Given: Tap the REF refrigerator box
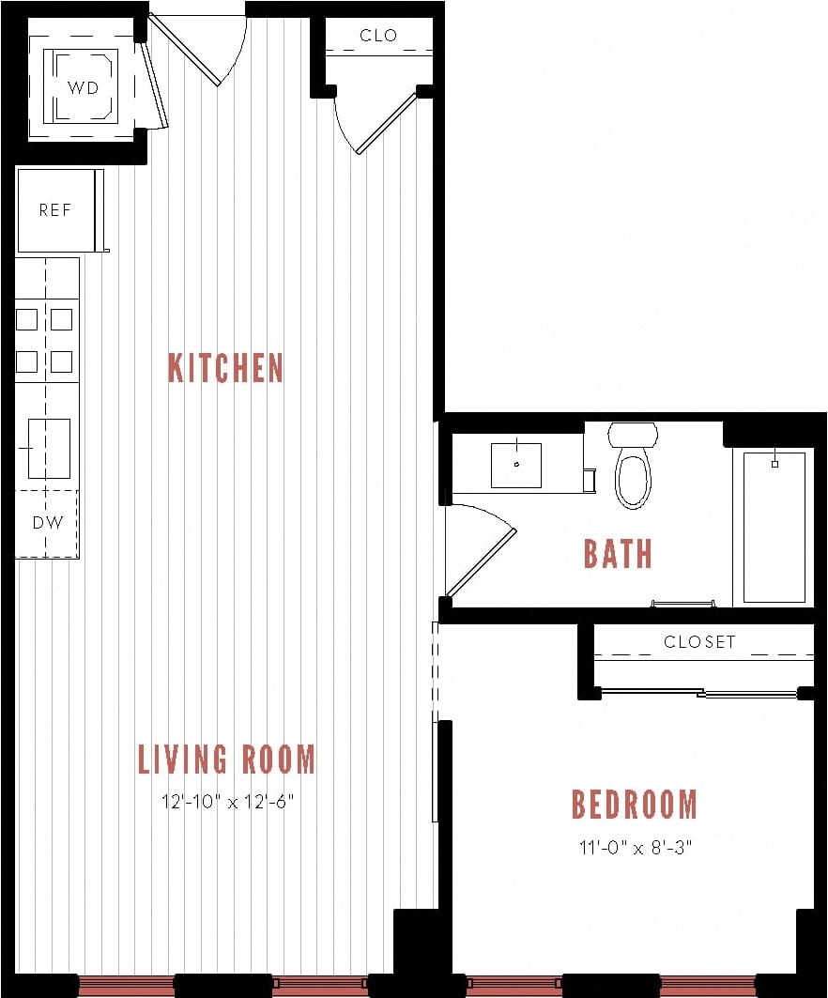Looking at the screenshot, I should [55, 210].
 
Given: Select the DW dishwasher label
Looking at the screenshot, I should [47, 523].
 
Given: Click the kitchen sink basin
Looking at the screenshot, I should [49, 449].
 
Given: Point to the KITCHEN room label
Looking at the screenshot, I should [225, 367].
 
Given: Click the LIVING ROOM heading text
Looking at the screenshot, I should [226, 759].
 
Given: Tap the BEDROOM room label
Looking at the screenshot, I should [635, 805].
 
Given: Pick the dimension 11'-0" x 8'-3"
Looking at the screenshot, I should [635, 848].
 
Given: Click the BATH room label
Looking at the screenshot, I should [618, 554].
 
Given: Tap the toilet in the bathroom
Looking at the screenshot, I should [633, 467].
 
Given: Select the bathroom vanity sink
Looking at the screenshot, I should [516, 465].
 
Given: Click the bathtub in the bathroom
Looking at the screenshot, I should [774, 527].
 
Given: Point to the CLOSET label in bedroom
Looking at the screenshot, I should [699, 642].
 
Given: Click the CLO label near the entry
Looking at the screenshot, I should [378, 36].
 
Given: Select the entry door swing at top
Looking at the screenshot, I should [201, 47].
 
